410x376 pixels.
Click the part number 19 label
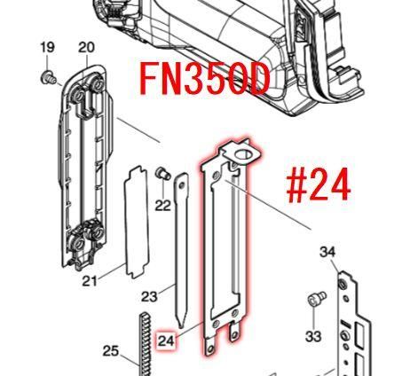pos(47,47)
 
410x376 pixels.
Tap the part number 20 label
pos(86,47)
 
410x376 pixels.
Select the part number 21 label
pos(90,281)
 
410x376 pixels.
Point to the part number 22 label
pos(163,206)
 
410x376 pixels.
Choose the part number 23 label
pos(149,296)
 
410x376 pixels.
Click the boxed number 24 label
pos(167,341)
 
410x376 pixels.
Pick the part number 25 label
pos(111,351)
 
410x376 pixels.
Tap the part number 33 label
pos(313,336)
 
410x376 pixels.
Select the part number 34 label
pos(327,252)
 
